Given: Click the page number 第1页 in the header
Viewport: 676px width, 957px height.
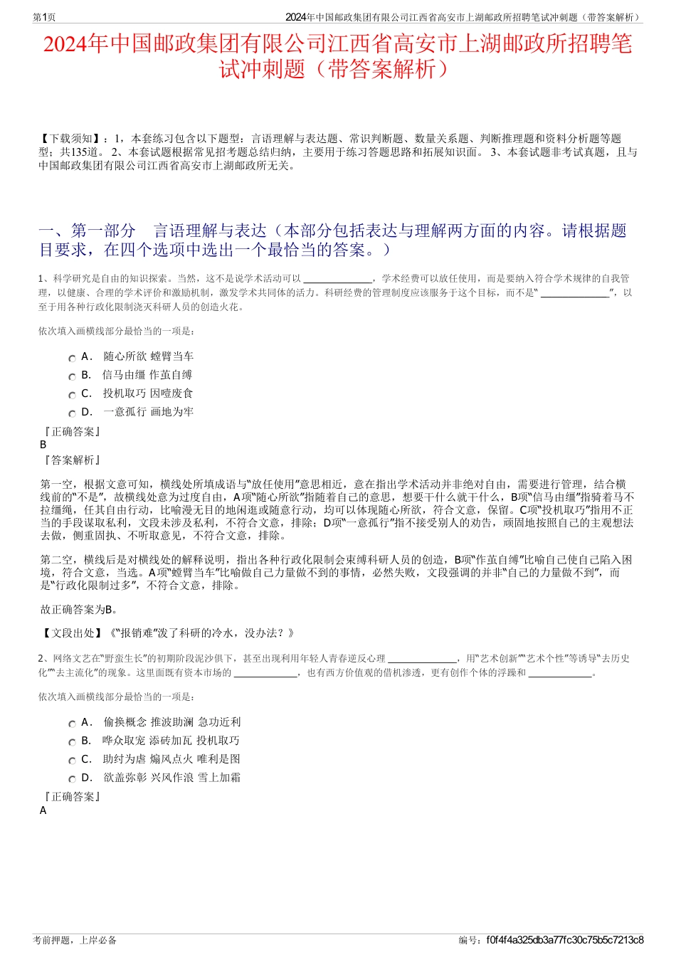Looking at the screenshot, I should [x=44, y=17].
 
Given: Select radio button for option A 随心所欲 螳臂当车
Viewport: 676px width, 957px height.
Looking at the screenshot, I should [x=72, y=359].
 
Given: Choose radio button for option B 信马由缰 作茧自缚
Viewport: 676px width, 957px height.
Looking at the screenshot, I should [x=72, y=377].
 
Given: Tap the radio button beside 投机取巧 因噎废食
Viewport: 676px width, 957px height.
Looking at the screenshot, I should [x=72, y=396].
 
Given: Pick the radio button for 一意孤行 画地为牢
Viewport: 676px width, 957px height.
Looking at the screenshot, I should [x=72, y=414].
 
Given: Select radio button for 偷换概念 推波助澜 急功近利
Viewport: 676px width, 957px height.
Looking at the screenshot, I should [x=72, y=724].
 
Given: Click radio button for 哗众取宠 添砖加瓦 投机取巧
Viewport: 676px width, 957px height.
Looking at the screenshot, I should [x=72, y=743].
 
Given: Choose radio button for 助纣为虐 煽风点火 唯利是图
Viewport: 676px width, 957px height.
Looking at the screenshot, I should [x=72, y=761].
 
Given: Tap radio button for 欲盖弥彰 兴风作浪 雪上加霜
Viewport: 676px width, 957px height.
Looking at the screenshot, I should [x=72, y=780].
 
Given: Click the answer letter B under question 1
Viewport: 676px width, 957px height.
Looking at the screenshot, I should [x=43, y=445].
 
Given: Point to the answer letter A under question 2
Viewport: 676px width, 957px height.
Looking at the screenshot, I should [x=43, y=810].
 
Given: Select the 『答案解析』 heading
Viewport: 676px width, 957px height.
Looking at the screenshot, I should [x=71, y=460].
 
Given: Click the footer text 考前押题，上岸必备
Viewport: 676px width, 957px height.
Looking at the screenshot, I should [x=75, y=940].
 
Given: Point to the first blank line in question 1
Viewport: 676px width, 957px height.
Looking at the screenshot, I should [x=337, y=280].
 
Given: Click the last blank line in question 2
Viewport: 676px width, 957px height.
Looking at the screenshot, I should [x=560, y=673].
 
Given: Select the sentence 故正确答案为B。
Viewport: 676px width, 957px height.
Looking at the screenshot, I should [x=80, y=609].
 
